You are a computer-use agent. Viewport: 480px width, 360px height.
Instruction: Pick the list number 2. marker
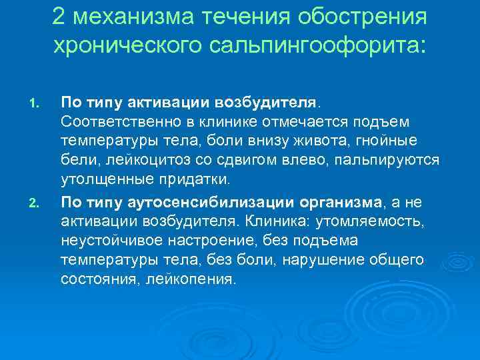pyautogui.click(x=36, y=198)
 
